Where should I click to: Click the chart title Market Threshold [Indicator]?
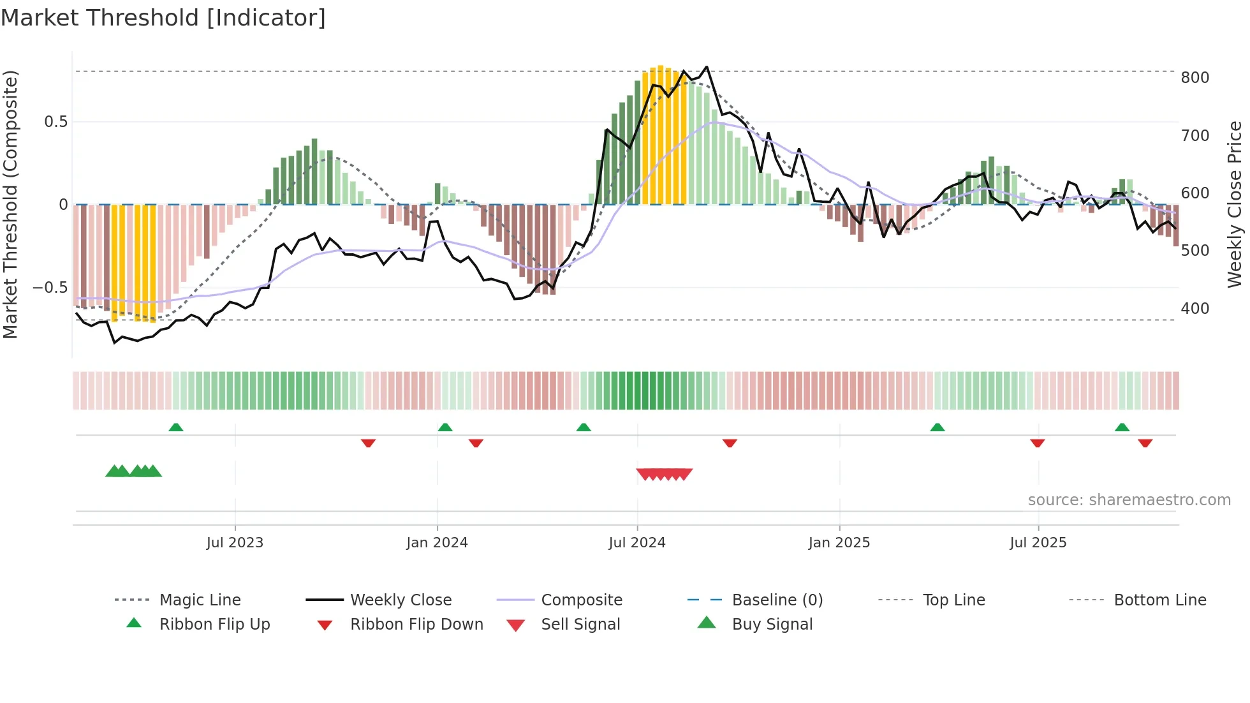coord(163,18)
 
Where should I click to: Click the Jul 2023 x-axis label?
coord(235,543)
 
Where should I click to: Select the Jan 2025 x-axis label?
coord(839,543)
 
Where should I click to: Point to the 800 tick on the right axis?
coord(1195,78)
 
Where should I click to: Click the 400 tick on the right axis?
coord(1195,309)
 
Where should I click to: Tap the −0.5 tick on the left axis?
coord(50,288)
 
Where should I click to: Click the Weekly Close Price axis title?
coord(1235,204)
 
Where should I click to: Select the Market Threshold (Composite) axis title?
coord(10,204)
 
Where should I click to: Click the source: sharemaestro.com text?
coord(1129,500)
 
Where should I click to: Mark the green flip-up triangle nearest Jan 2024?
coord(445,427)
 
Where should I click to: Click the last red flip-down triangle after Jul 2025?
coord(1145,443)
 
